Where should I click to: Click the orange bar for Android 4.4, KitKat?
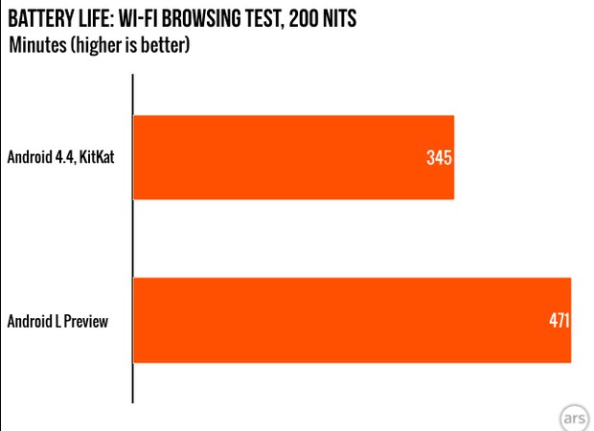tap(287, 157)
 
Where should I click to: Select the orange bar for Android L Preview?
tap(345, 321)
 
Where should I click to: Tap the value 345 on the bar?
tap(439, 157)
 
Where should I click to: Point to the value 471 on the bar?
tap(558, 321)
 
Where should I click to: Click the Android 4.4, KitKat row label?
tap(61, 157)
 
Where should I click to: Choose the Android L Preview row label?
tap(57, 322)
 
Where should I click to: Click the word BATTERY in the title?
tap(43, 18)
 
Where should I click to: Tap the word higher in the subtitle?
tap(97, 46)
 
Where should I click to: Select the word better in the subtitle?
tap(164, 45)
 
